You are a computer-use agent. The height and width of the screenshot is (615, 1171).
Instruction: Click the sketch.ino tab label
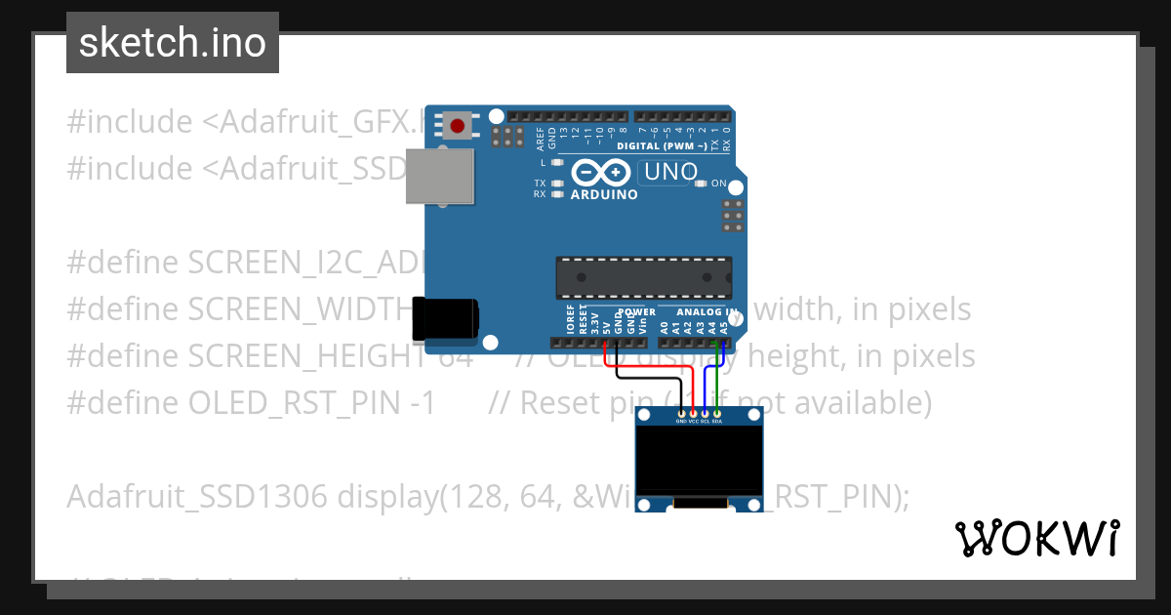pos(173,43)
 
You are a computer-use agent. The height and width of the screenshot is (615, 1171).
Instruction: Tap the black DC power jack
pos(447,318)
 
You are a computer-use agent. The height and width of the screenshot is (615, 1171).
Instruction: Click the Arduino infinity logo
pos(601,174)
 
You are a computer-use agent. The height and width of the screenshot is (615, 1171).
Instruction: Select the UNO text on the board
pos(669,173)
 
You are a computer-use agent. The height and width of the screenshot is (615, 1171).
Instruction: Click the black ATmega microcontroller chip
pos(644,277)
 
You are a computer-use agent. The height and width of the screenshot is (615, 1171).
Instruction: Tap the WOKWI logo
pos(1037,538)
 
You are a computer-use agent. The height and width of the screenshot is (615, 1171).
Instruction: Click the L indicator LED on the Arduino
pos(557,162)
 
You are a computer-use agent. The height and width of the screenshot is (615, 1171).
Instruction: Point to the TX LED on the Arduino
pos(557,183)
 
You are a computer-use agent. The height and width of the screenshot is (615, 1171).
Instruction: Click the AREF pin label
pos(540,138)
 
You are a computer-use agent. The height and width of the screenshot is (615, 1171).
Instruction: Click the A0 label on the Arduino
pos(665,327)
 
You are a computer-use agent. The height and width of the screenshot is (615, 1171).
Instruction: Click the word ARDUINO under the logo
pos(604,194)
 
